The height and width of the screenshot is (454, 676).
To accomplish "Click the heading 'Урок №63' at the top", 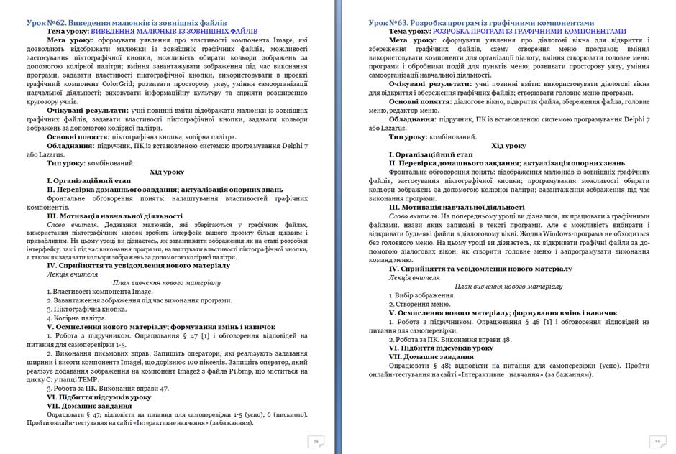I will [391, 23].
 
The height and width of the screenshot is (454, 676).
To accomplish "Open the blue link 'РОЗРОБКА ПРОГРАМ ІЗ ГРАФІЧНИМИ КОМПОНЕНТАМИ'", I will [529, 32].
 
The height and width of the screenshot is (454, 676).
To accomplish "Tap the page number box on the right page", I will [657, 440].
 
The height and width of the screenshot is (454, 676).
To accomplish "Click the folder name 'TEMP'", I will [105, 381].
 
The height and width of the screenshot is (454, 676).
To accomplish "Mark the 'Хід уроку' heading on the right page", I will [508, 146].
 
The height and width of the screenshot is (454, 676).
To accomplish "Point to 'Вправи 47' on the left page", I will [148, 389].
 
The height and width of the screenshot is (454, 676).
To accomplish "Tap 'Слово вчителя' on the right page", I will [414, 216].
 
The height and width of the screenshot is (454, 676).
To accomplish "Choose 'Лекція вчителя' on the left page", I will [70, 274].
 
